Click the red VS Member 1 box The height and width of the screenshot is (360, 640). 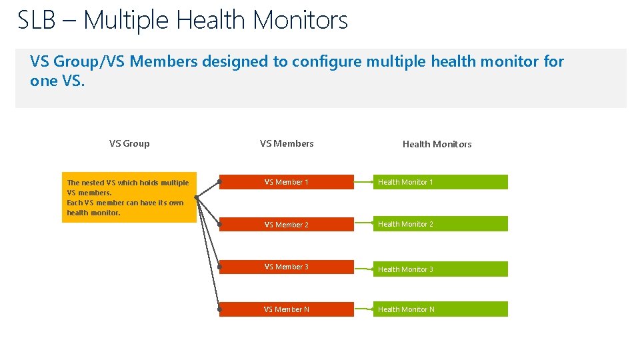coord(287,182)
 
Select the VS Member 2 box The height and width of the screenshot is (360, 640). coord(287,225)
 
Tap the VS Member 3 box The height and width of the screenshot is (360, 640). coord(287,267)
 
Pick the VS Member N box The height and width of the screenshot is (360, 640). coord(287,309)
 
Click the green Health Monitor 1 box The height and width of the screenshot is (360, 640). coord(440,182)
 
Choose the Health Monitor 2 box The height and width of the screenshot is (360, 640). coord(440,224)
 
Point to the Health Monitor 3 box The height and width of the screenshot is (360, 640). coord(440,269)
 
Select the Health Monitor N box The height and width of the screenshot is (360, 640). coord(440,309)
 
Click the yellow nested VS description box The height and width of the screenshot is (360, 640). coord(129,198)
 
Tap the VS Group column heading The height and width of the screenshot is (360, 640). coord(129,143)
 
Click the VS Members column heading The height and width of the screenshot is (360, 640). coord(287,143)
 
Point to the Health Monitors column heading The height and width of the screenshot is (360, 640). coord(437,144)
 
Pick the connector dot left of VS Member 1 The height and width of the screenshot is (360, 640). coord(219,181)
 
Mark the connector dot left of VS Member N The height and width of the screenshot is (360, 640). coord(219,309)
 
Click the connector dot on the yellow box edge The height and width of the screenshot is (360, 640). coord(196,197)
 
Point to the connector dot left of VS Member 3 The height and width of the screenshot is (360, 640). coord(219,267)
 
